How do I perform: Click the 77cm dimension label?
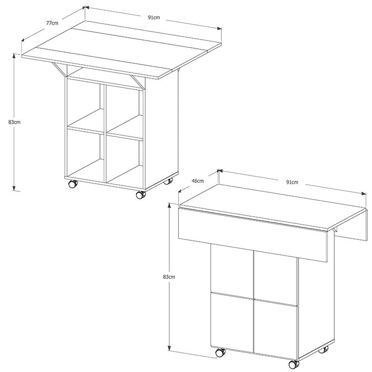click(x=52, y=23)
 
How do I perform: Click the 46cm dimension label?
click(x=198, y=181)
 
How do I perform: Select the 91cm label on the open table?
click(x=154, y=17)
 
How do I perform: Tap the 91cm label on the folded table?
click(x=292, y=182)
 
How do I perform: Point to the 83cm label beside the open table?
click(x=14, y=122)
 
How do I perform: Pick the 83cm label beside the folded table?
click(x=169, y=277)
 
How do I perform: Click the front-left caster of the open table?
click(x=73, y=184)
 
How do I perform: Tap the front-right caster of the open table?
click(x=141, y=194)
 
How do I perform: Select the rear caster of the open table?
click(x=168, y=181)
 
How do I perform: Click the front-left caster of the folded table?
click(x=220, y=352)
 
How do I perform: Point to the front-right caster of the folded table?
click(x=294, y=364)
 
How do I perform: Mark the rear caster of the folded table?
click(x=324, y=349)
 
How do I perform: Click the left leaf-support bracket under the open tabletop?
click(x=60, y=69)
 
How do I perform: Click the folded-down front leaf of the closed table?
click(x=252, y=235)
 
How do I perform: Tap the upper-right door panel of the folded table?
click(x=275, y=278)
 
